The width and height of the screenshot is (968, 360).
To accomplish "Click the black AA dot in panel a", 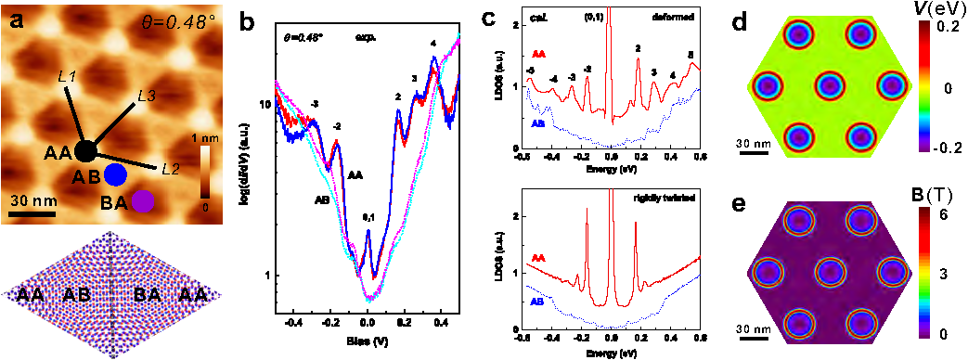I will click(84, 151).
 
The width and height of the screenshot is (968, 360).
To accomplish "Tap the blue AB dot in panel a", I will click(115, 174).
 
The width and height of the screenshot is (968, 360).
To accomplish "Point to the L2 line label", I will click(169, 168).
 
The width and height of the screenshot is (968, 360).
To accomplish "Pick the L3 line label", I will click(147, 96).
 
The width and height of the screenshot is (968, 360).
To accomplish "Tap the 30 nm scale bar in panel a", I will click(32, 214).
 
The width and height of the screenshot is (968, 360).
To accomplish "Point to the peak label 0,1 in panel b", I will click(368, 217).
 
